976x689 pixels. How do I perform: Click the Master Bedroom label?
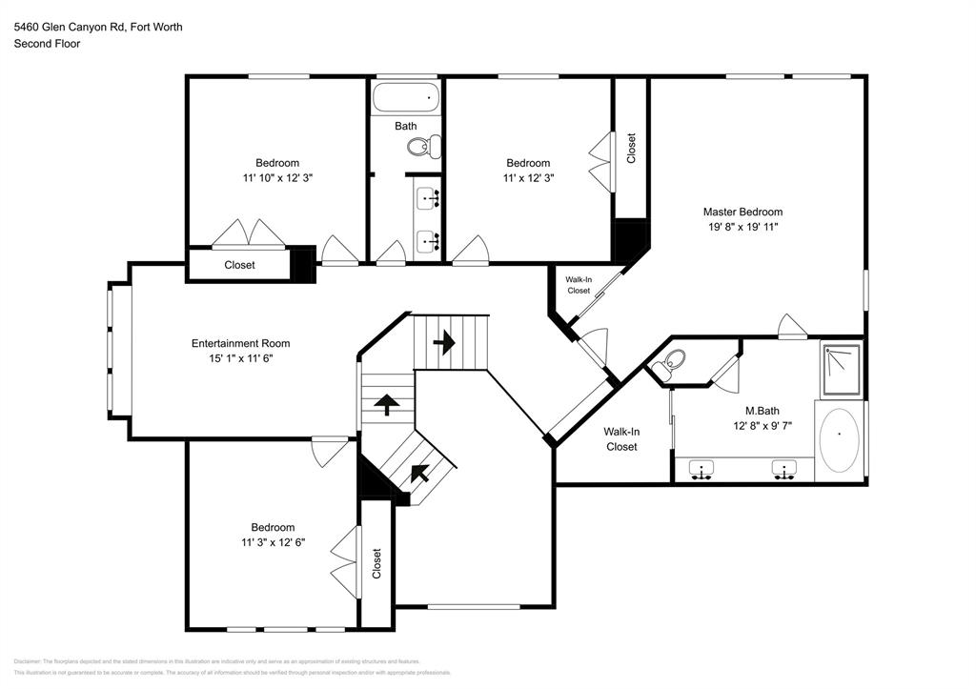(742, 212)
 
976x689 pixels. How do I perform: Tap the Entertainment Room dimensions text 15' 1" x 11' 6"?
(240, 358)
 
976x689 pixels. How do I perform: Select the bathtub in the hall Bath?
(406, 97)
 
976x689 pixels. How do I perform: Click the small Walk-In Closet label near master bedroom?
(579, 285)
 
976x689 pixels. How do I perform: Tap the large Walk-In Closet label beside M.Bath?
(620, 438)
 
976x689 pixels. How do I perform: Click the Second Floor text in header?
(47, 43)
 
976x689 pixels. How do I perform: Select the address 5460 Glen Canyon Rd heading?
(97, 27)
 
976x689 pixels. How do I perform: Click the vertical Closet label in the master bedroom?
(630, 148)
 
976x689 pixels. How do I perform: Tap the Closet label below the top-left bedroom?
(239, 265)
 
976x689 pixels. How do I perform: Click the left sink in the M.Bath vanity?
(702, 470)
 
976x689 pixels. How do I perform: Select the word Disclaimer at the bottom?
(28, 660)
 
